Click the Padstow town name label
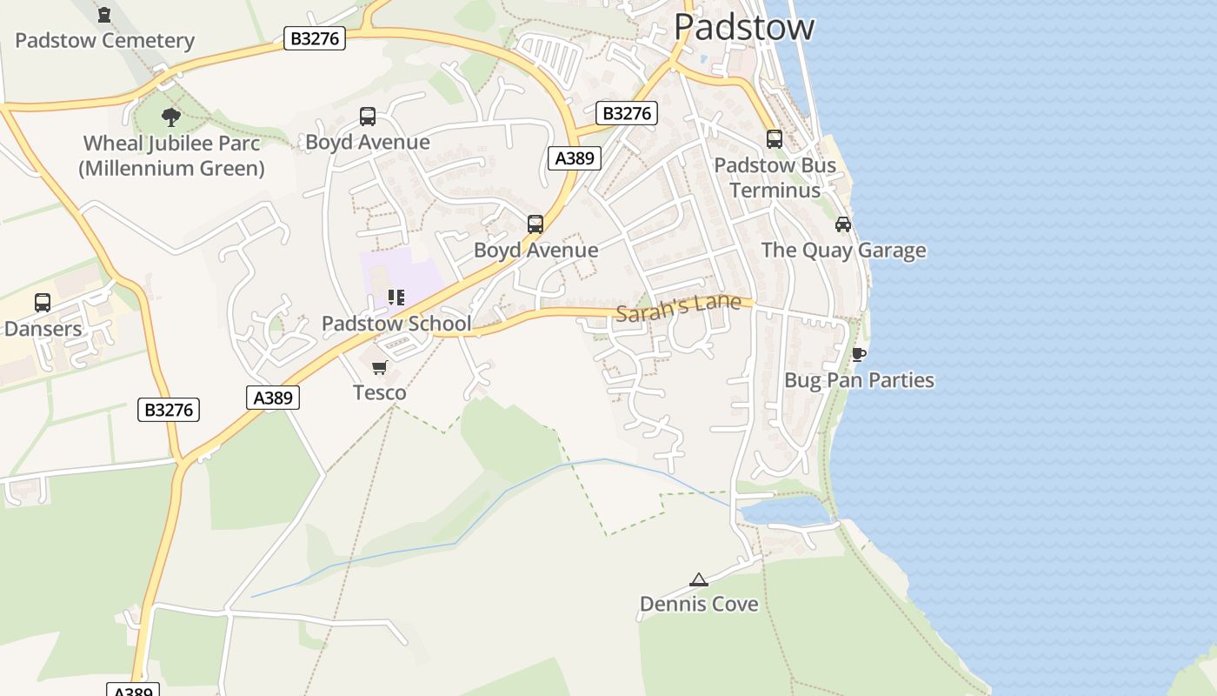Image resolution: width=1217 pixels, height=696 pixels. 744,26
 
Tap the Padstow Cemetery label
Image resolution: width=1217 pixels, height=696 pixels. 104,41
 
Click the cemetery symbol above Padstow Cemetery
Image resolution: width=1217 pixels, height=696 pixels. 104,15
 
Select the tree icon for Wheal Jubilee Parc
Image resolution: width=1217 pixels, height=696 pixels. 171,116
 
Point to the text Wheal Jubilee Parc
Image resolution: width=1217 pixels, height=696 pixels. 171,143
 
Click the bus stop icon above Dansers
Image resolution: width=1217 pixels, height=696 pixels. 43,303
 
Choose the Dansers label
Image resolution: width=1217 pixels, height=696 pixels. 43,329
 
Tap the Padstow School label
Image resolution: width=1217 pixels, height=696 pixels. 396,324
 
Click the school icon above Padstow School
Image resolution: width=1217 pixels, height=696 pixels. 396,298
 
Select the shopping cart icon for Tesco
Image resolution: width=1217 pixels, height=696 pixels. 379,367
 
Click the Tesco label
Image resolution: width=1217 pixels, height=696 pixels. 379,393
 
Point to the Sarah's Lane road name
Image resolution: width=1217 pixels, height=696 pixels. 678,307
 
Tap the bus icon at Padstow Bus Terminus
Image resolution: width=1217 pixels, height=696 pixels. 774,138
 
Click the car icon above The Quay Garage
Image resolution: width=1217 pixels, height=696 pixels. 843,224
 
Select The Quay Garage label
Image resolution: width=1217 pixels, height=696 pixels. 843,251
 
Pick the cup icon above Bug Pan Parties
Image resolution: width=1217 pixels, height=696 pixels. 859,354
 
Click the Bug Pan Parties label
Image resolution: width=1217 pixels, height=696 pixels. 859,380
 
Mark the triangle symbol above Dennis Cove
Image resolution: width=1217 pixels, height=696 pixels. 699,579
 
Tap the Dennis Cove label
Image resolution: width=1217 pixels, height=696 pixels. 699,604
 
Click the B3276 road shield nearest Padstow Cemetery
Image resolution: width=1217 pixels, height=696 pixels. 315,38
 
